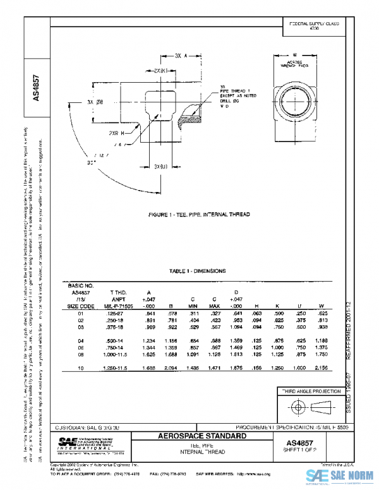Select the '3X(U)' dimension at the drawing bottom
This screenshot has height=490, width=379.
point(162,165)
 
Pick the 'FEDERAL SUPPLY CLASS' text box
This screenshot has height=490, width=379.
point(313,26)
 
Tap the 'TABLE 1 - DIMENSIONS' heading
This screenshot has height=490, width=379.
point(198,271)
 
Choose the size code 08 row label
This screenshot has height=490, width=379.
point(80,357)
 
